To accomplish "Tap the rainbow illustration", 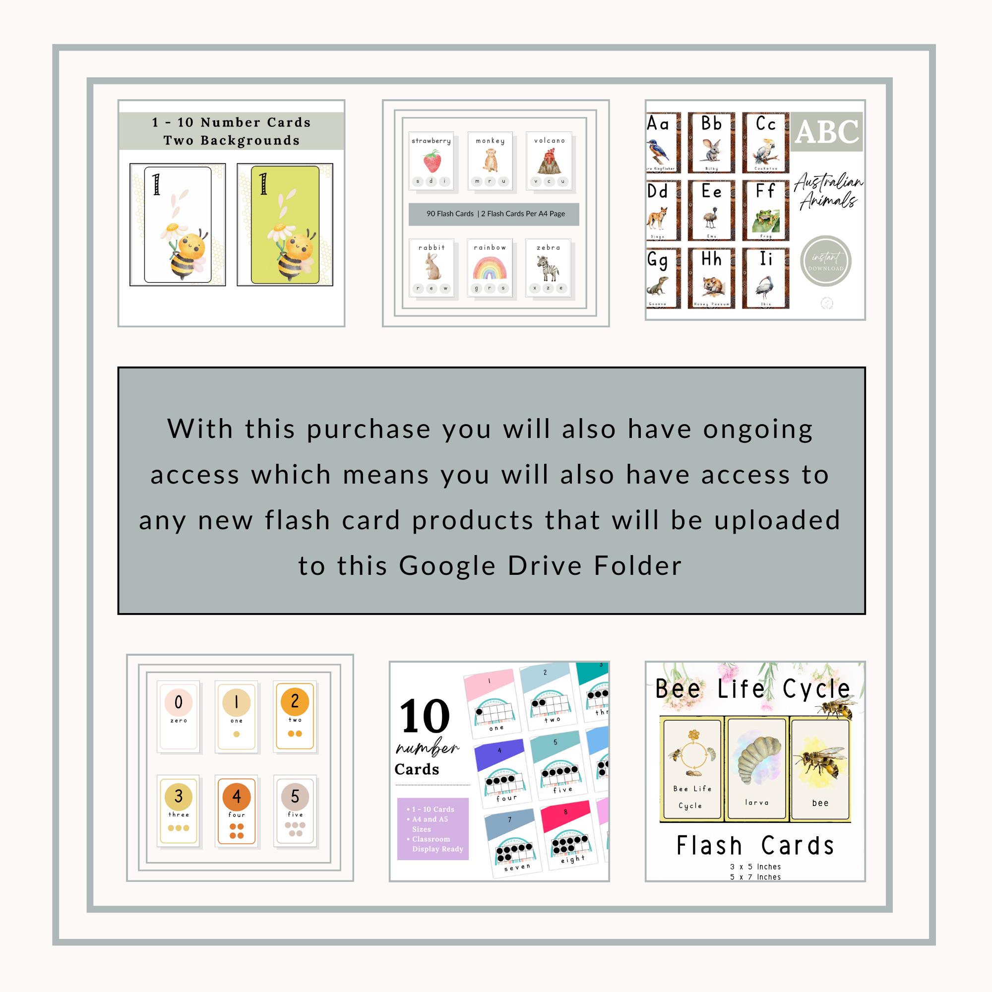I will tap(490, 268).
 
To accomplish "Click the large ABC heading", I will tap(826, 132).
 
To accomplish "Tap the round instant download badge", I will tap(826, 261).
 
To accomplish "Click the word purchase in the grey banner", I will tap(369, 429).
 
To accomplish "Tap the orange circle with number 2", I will tap(295, 701).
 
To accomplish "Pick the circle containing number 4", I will tap(236, 797).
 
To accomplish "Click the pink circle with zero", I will tap(178, 702).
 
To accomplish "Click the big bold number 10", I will tap(425, 716).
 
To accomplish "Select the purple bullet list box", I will tap(433, 829).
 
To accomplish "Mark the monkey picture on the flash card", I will tap(490, 161).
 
